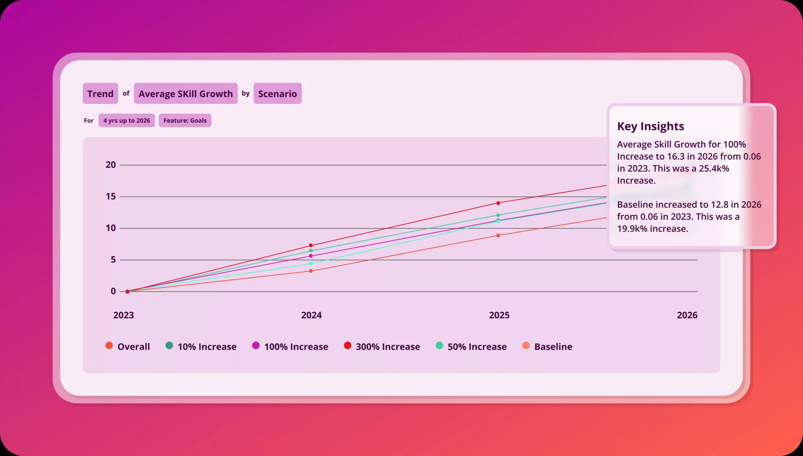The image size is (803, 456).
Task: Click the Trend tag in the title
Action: point(100,93)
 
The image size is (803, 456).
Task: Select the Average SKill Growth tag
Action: point(186,93)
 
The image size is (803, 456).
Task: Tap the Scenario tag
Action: point(277,93)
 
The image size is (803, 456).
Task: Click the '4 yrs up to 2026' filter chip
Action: point(127,120)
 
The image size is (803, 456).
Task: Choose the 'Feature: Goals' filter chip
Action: point(185,120)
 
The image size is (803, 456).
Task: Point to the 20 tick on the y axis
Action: point(111,165)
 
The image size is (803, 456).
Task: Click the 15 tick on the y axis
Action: point(111,196)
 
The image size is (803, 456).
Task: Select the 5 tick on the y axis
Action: point(113,260)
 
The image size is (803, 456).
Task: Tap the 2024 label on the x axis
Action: point(311,315)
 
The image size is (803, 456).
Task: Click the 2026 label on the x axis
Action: point(687,315)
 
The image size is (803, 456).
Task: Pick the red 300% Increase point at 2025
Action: point(498,203)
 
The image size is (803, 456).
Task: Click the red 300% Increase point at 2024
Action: point(311,245)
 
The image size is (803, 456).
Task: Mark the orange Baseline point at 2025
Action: point(498,236)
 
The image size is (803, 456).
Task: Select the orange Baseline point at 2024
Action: point(311,271)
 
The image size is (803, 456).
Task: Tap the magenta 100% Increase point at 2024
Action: point(311,256)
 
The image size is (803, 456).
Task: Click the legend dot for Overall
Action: point(109,346)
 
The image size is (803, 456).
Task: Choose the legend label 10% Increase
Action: point(207,347)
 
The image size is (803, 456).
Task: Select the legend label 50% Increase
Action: point(477,347)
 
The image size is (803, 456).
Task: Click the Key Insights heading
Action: point(651,126)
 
